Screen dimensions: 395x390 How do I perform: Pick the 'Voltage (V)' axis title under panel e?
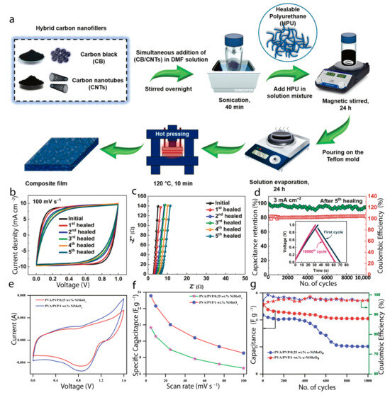pos(67,388)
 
